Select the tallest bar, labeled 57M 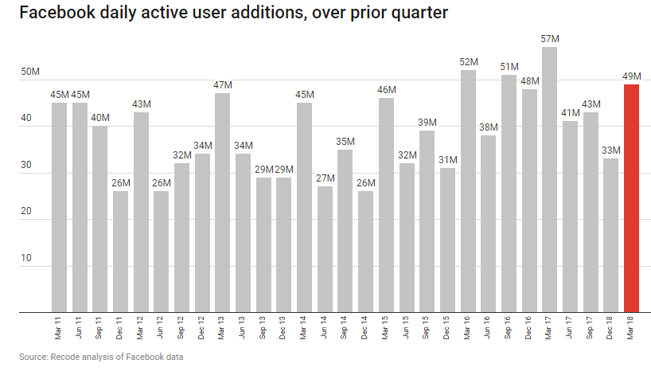click(549, 179)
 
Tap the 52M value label click(468, 61)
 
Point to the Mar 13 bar click(223, 202)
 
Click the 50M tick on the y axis click(30, 72)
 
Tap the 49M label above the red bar click(632, 76)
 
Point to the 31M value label click(447, 159)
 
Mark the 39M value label click(427, 122)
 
